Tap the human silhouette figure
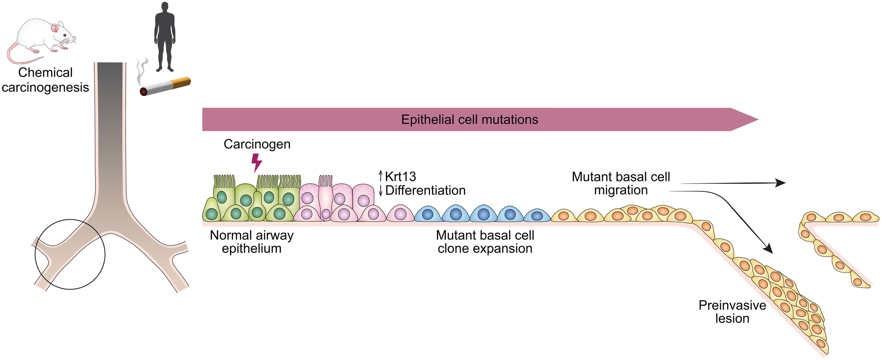[x=165, y=36]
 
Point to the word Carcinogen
[x=257, y=144]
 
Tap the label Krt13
[x=400, y=177]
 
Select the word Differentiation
[x=425, y=190]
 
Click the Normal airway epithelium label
[x=252, y=242]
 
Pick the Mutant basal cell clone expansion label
[x=485, y=242]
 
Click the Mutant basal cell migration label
[x=621, y=183]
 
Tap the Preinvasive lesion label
[x=732, y=312]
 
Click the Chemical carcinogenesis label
[x=45, y=80]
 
